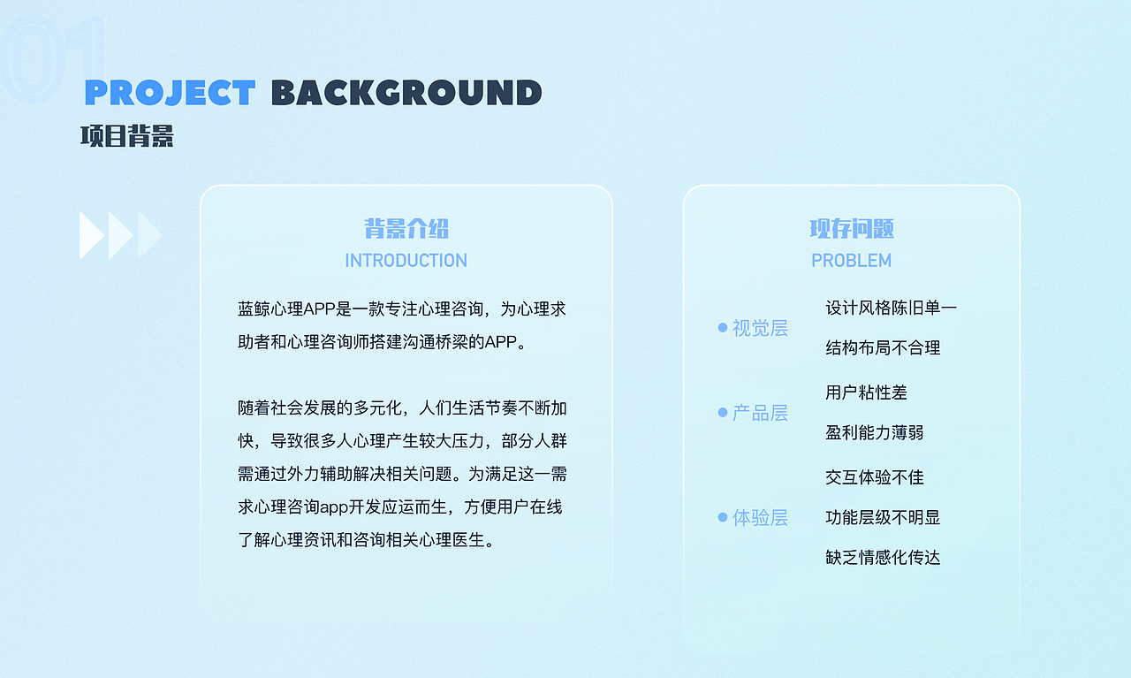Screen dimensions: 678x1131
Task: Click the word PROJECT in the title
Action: tap(170, 93)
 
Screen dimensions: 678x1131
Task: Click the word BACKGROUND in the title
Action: tap(406, 93)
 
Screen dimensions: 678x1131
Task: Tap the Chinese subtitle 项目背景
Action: tap(127, 136)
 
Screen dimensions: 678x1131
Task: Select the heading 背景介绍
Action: tap(406, 229)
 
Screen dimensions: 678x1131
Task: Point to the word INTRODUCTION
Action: tap(406, 261)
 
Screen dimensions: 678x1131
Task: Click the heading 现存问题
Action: tap(852, 229)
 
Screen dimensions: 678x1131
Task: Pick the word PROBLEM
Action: tap(851, 261)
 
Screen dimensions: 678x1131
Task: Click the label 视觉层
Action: tap(760, 328)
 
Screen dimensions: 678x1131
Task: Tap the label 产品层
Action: tap(760, 413)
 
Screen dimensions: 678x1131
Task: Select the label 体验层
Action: tap(760, 517)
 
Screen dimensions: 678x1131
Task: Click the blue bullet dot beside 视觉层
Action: tap(723, 328)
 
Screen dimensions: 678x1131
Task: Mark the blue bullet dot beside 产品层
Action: tap(723, 413)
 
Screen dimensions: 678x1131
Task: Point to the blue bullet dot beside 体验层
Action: tap(723, 517)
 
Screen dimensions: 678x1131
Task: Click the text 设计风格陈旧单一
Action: tap(891, 308)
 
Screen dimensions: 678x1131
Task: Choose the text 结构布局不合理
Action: tap(883, 348)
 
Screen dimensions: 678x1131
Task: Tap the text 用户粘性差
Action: tap(866, 392)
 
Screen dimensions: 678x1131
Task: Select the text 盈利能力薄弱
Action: tap(874, 433)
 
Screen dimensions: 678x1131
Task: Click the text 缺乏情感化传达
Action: tap(883, 558)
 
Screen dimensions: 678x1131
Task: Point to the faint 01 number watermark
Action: tap(53, 57)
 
